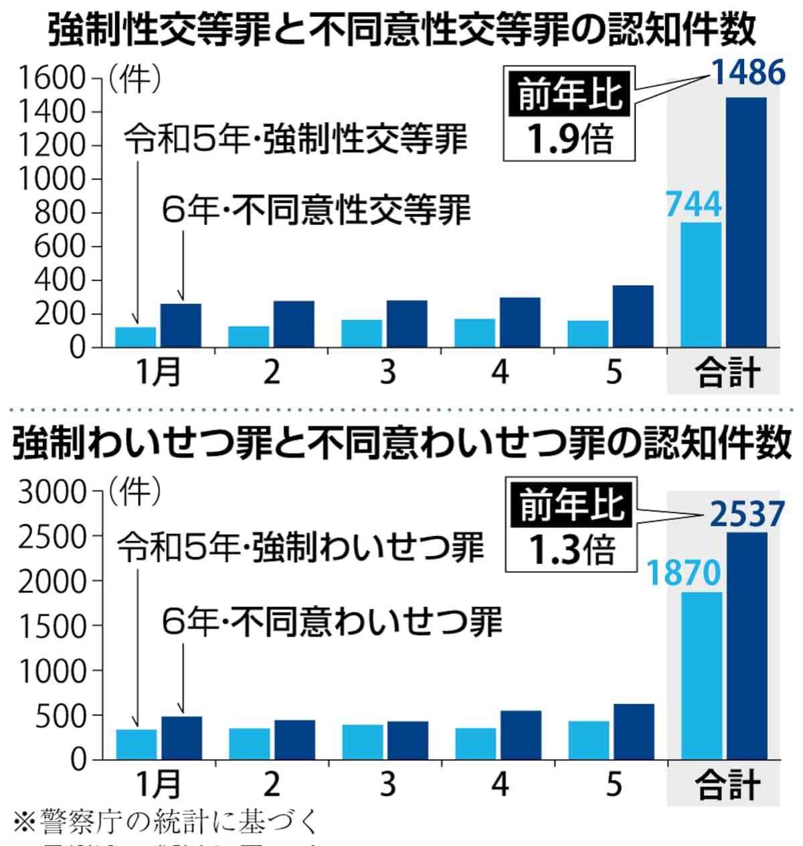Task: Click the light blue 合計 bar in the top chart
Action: coord(701,284)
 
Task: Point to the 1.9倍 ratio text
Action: coord(569,138)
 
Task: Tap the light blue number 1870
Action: coord(683,574)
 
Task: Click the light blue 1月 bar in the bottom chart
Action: coord(136,744)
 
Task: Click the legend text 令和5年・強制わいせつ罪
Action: coord(300,548)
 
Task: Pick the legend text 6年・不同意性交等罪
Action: coord(317,210)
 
